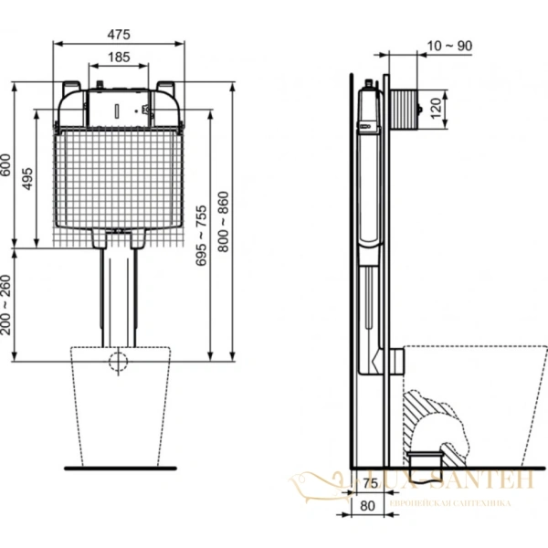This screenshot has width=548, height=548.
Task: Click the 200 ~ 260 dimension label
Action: (7, 303)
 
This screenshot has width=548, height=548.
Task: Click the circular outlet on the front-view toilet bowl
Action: (118, 361)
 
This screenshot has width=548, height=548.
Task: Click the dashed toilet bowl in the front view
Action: (119, 406)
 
